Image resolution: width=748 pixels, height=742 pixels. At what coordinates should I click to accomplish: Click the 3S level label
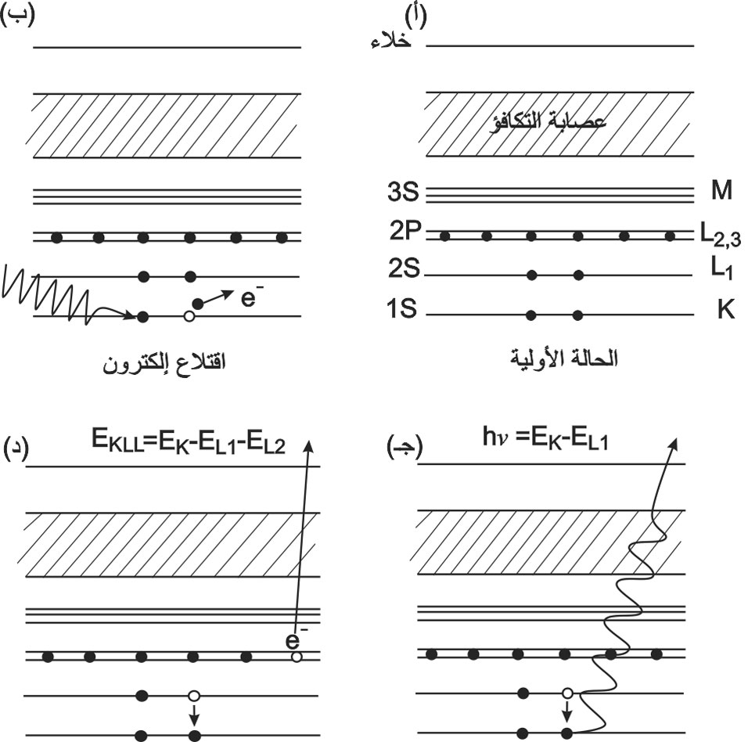coord(403,192)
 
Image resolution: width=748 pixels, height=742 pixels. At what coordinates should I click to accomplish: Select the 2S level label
coord(404,268)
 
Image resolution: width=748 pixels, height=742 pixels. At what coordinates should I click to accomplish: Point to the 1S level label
coord(401,308)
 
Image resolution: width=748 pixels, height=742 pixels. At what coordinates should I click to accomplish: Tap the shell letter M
coord(721,190)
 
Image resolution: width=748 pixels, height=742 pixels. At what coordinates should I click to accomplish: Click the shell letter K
coord(725,310)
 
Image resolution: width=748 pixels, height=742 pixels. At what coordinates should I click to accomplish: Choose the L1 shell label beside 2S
coord(721,269)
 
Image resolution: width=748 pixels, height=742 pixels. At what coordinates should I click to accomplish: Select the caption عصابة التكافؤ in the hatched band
coord(548,122)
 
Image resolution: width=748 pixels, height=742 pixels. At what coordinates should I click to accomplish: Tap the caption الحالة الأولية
coord(564,358)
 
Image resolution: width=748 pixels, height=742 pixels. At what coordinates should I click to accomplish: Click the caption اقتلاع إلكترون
coord(164,364)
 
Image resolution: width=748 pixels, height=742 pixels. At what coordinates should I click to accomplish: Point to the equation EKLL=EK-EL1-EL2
coord(189,441)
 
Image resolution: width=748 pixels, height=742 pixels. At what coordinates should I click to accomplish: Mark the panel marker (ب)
coord(18,16)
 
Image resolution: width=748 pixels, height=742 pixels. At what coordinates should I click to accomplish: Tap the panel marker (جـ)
coord(405,448)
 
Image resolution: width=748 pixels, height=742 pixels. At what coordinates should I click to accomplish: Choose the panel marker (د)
coord(16,448)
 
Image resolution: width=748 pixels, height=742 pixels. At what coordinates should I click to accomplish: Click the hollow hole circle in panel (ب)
coord(189,316)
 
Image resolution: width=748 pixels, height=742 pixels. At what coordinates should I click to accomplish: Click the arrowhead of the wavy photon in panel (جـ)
coord(673,444)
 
